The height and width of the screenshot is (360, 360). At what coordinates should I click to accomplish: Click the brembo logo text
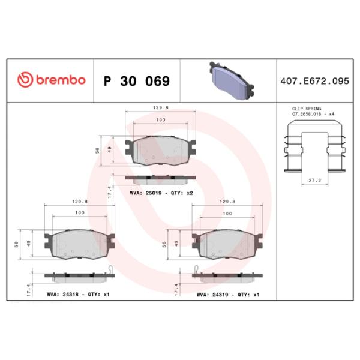[61, 80]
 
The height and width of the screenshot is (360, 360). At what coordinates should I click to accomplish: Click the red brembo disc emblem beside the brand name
[25, 80]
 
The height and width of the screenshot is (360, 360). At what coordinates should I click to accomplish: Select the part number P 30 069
[137, 81]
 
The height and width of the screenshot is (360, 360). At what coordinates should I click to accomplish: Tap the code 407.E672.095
[314, 81]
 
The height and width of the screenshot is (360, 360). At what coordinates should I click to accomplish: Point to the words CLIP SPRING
[307, 109]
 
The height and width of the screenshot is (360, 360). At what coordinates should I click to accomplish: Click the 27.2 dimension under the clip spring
[314, 181]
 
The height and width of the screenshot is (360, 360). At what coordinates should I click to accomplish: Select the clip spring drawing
[315, 146]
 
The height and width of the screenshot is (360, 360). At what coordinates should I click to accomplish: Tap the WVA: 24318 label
[62, 295]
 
